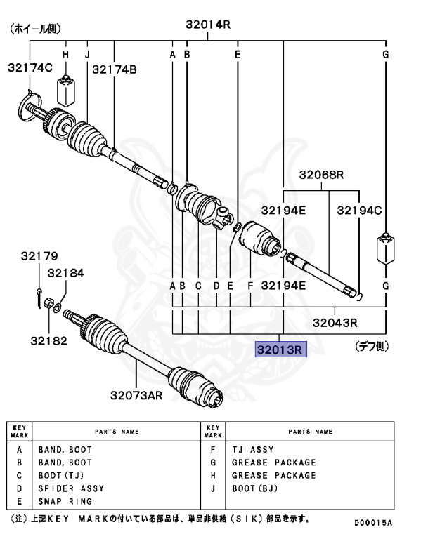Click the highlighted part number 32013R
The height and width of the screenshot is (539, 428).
pyautogui.click(x=280, y=349)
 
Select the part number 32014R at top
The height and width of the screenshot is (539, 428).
pyautogui.click(x=208, y=25)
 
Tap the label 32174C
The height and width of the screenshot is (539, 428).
pyautogui.click(x=30, y=68)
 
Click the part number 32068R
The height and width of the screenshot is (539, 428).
pyautogui.click(x=321, y=175)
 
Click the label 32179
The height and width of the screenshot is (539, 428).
pyautogui.click(x=39, y=256)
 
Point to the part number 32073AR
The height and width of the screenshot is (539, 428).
pyautogui.click(x=135, y=395)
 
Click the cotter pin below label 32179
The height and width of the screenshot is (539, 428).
pyautogui.click(x=38, y=293)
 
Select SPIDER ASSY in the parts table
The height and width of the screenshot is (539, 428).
pyautogui.click(x=71, y=488)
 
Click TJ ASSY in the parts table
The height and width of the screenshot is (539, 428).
pyautogui.click(x=253, y=450)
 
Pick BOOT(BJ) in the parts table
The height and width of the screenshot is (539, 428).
pyautogui.click(x=255, y=488)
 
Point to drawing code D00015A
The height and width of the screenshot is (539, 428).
pyautogui.click(x=372, y=523)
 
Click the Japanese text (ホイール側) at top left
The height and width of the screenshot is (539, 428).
pyautogui.click(x=35, y=29)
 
